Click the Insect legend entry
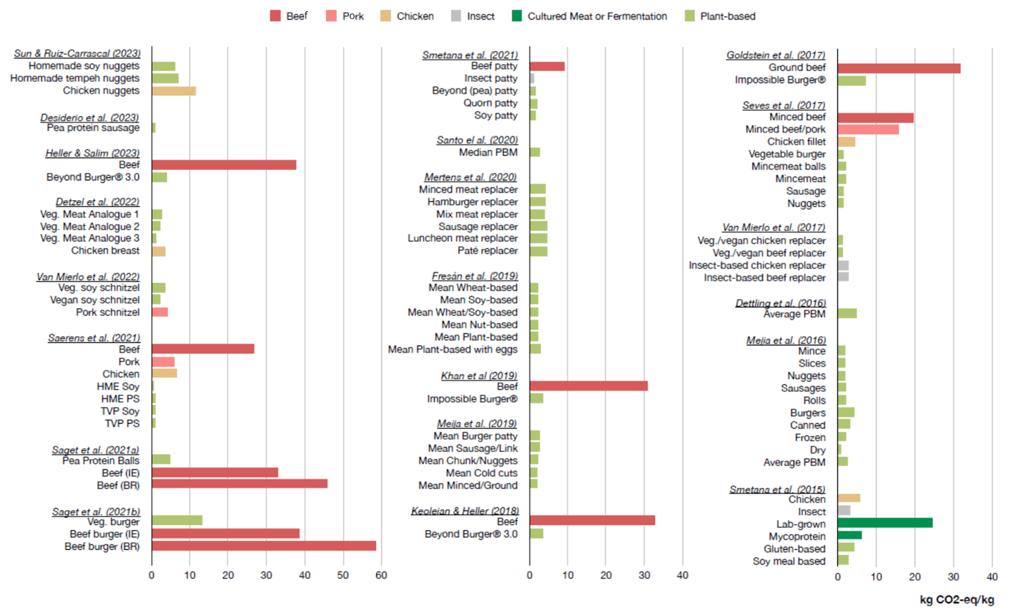[x=473, y=17]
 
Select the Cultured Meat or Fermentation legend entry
[x=589, y=17]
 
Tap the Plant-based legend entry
[x=720, y=17]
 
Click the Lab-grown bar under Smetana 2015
[x=885, y=523]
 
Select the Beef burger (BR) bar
[x=264, y=546]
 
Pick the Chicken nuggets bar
[x=174, y=91]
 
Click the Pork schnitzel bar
[x=160, y=312]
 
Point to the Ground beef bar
[x=899, y=68]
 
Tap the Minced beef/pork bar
[x=868, y=130]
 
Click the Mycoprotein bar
[x=849, y=535]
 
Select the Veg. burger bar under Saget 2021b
[x=177, y=521]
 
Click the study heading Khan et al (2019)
[x=479, y=376]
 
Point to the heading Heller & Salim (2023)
[x=93, y=153]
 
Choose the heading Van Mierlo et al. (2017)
[x=773, y=227]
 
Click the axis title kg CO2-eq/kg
[x=957, y=600]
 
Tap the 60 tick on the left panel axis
[x=381, y=575]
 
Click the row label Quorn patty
[x=490, y=103]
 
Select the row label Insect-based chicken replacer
[x=757, y=265]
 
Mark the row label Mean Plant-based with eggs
[x=452, y=349]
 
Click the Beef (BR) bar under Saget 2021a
[x=240, y=484]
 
